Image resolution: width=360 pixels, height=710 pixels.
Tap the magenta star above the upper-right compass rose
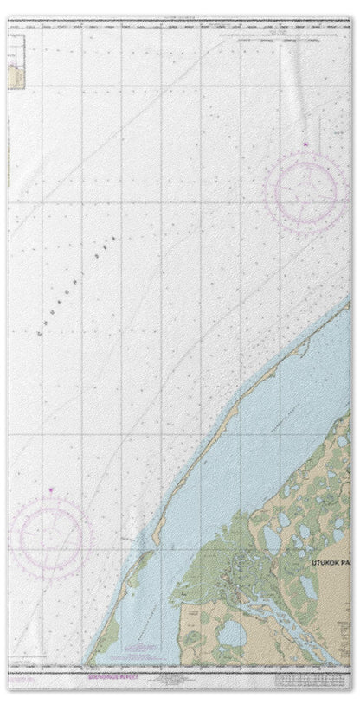click(305, 144)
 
